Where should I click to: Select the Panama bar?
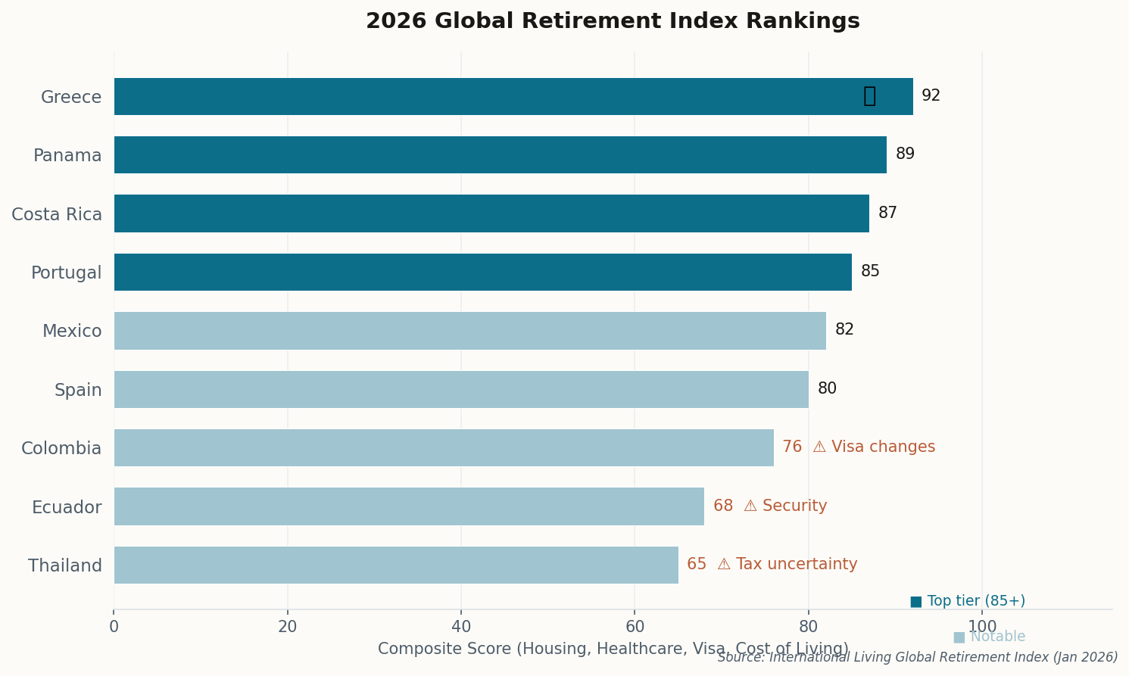(x=500, y=155)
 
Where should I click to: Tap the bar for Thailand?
(x=396, y=565)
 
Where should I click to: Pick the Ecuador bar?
(x=409, y=506)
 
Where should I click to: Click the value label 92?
(x=931, y=96)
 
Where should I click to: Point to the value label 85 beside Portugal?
(x=870, y=272)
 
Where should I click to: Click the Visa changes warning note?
(x=874, y=447)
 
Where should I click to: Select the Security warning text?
(x=785, y=506)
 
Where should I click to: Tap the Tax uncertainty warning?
(x=787, y=565)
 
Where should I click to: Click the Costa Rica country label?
(x=57, y=214)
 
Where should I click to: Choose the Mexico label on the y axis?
(x=72, y=332)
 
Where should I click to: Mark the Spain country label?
(x=78, y=390)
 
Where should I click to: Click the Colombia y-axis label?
(x=61, y=448)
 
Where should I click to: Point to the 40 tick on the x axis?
(x=461, y=627)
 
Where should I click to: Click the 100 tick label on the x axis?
(x=982, y=627)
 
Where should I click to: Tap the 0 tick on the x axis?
(x=114, y=627)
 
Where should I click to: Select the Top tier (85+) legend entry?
(x=968, y=601)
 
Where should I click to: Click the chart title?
(x=613, y=21)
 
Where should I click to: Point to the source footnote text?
(x=918, y=658)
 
